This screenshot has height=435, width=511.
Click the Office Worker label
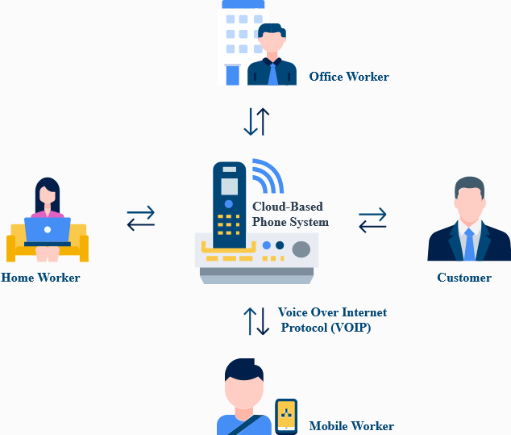coord(349,77)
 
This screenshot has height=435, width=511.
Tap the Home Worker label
coord(40,278)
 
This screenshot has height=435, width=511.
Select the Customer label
coord(464,278)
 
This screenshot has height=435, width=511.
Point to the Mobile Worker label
coord(351,425)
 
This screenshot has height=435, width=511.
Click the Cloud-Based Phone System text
coord(290,215)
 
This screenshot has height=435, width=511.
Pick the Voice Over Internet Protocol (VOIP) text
coord(331,320)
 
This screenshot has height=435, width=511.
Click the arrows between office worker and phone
coord(256,121)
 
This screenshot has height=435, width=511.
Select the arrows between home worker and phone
coord(141,218)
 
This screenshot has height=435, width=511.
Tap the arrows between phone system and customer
coord(372,220)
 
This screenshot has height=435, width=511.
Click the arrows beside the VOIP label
coord(257,320)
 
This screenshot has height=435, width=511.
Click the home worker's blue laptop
coord(48,230)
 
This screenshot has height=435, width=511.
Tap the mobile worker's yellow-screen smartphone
coord(286,416)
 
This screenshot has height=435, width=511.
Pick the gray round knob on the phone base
coord(301,249)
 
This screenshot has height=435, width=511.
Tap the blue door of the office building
coord(233,75)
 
